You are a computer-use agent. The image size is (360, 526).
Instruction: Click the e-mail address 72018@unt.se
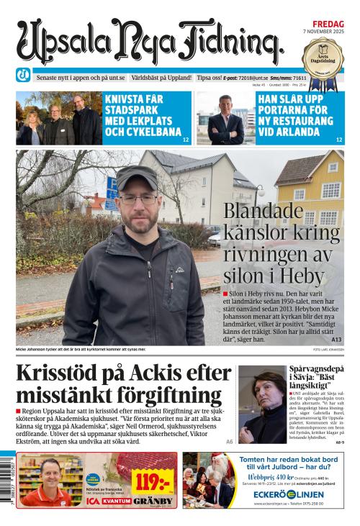256,77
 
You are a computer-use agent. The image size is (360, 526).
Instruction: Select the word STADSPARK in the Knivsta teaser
133,112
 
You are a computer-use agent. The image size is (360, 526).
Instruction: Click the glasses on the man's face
138,197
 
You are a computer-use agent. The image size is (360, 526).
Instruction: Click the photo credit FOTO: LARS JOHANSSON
328,349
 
